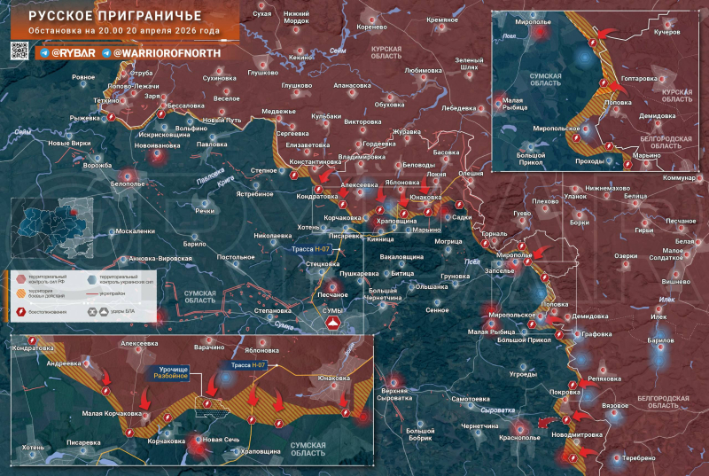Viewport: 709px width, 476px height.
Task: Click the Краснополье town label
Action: point(519,438)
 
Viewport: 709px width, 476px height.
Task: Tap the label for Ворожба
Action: point(97,165)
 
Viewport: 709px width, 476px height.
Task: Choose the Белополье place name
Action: point(128,183)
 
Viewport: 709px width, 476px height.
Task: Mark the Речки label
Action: point(205,210)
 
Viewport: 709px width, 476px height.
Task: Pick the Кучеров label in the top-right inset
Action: point(666,31)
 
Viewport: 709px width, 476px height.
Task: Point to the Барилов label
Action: point(660,339)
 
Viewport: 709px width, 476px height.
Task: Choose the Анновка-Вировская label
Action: point(160,258)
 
